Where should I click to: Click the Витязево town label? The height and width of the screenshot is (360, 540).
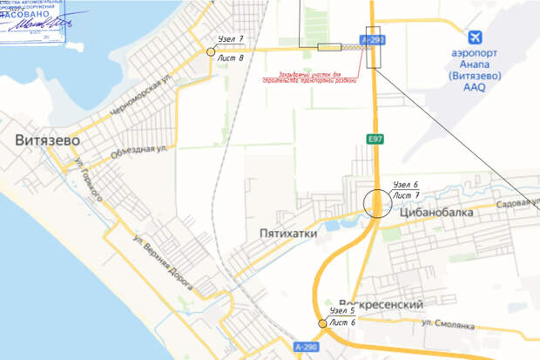[47, 139]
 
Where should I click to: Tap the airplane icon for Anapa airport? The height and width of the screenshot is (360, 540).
[476, 37]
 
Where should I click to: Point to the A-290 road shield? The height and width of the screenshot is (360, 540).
[306, 347]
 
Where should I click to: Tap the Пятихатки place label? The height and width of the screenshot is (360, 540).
[287, 234]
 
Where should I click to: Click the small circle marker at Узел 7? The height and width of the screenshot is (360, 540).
[211, 52]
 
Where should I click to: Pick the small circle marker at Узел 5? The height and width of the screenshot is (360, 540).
[322, 323]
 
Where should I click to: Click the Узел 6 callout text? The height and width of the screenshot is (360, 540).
[406, 185]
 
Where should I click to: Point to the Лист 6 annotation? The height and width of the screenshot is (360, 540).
[342, 323]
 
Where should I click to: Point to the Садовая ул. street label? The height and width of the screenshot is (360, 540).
[513, 202]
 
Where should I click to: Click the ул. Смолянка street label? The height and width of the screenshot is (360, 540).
[448, 324]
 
